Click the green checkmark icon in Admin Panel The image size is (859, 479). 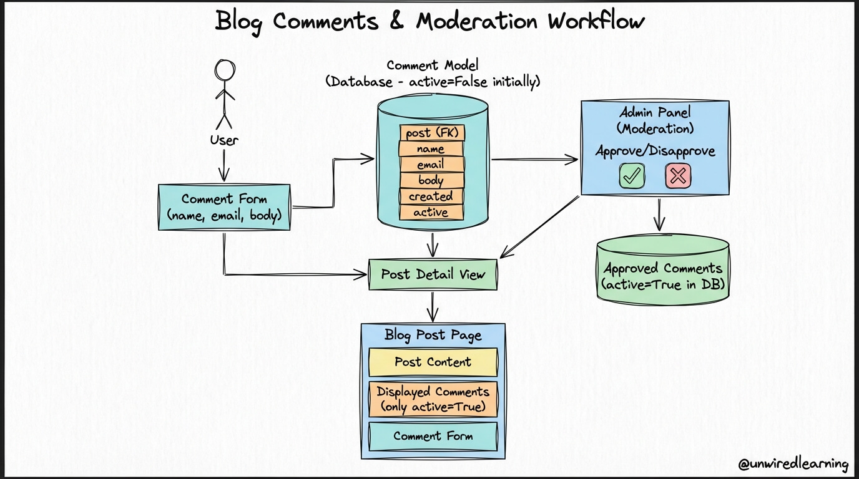click(632, 176)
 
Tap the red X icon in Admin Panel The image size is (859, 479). click(678, 176)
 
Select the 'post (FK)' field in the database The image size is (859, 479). click(432, 133)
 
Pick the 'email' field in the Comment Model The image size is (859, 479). click(431, 165)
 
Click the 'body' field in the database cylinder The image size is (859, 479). click(431, 180)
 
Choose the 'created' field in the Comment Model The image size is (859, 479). click(431, 196)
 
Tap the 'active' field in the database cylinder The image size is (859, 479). click(431, 212)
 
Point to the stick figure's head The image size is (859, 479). click(225, 70)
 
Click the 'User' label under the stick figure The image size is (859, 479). click(224, 140)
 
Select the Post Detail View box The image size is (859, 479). click(433, 274)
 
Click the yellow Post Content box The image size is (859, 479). click(433, 362)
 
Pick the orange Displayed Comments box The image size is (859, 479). click(433, 399)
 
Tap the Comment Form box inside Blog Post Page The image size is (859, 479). click(433, 436)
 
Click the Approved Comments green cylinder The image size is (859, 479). click(662, 270)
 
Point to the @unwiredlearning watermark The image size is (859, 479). click(793, 464)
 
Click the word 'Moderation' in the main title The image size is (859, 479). click(477, 21)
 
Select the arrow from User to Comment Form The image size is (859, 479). click(224, 165)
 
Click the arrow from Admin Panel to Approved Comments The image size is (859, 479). click(659, 215)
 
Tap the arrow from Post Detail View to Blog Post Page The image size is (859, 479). click(433, 307)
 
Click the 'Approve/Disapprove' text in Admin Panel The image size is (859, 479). click(655, 151)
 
